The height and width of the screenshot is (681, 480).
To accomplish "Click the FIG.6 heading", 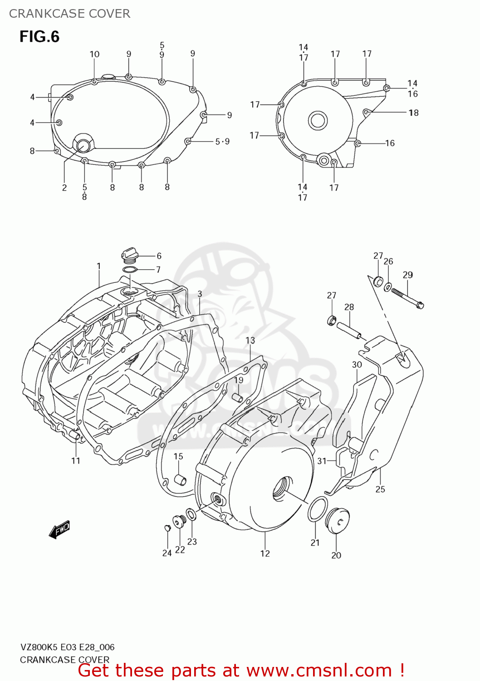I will [x=39, y=37].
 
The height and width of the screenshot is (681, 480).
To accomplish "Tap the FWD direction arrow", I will [x=59, y=529].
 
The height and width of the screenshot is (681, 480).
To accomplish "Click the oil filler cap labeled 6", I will [x=128, y=255].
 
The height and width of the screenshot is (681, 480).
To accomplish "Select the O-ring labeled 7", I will [x=130, y=271].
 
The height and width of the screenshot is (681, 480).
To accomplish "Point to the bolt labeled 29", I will [x=407, y=298].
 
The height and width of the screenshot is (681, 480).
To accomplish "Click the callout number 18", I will [x=413, y=113].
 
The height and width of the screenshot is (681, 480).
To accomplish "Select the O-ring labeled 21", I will [x=318, y=509].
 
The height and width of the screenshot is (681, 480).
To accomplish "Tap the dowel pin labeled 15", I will [x=180, y=479].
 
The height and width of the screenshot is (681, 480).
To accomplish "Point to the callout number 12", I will [x=265, y=553].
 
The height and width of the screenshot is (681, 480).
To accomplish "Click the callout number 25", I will [x=380, y=489].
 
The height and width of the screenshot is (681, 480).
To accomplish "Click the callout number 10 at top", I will [x=94, y=54].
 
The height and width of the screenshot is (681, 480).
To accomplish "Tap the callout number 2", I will [x=64, y=188].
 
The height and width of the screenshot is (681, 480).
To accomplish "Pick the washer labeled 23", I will [x=192, y=515].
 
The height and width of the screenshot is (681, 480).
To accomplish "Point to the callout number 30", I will [x=357, y=365].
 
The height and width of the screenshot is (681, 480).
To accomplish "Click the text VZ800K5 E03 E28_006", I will [x=67, y=647].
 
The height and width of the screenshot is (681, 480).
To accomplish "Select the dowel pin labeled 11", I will [x=74, y=436].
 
